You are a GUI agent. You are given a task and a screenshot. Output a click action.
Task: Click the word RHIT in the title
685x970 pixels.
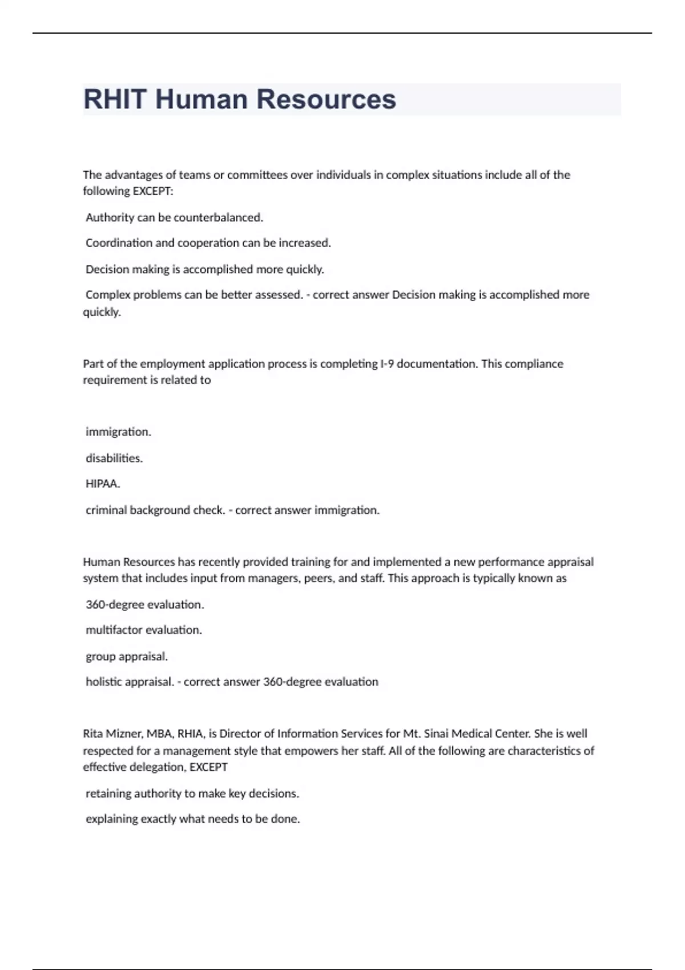115,99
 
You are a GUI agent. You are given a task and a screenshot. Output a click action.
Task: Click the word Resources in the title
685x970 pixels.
326,99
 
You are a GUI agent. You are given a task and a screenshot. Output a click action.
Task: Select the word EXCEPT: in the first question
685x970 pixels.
152,191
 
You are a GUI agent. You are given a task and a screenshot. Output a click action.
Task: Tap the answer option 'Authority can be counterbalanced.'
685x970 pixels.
174,217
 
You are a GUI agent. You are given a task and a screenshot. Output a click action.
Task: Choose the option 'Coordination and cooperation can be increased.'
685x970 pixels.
208,243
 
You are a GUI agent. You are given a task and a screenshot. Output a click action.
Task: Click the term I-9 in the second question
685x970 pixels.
386,364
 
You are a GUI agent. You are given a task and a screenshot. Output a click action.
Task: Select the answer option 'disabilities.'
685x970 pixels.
114,458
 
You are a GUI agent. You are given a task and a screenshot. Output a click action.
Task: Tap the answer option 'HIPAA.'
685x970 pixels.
103,484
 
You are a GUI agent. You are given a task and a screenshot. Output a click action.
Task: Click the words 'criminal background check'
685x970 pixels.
154,510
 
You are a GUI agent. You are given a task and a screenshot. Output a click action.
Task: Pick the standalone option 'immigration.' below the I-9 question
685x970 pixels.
118,432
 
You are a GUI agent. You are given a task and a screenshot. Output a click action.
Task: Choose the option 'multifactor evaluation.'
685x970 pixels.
144,630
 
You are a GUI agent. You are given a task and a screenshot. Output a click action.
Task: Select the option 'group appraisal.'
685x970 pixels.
127,656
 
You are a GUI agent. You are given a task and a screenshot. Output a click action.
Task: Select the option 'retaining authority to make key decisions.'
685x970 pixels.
192,793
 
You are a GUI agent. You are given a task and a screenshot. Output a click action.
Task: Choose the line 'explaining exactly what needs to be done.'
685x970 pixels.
192,819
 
